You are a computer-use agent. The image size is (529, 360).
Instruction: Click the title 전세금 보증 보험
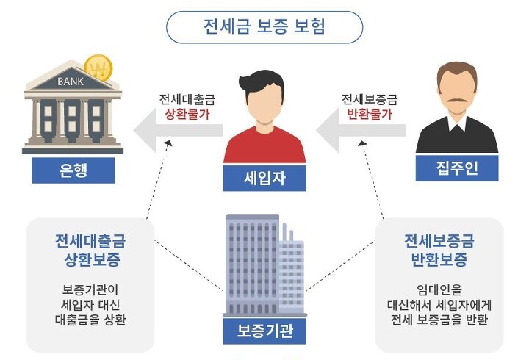coord(264,27)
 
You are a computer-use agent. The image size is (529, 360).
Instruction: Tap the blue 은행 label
coord(73,170)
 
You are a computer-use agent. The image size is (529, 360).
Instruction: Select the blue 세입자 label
coord(264,176)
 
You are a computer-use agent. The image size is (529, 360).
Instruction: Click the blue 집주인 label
coord(456,169)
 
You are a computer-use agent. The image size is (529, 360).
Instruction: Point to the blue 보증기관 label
coord(264,331)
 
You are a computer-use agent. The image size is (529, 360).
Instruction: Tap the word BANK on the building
coord(71,81)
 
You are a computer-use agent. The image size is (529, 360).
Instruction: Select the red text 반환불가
coord(368,114)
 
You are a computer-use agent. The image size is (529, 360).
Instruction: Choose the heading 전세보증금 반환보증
coord(439,250)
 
